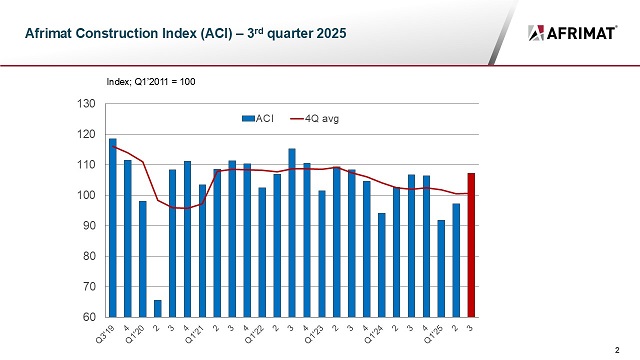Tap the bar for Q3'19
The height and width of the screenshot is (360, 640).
pyautogui.click(x=112, y=228)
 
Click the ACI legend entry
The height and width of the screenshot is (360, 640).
pyautogui.click(x=258, y=118)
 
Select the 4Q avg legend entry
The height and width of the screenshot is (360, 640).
pyautogui.click(x=312, y=118)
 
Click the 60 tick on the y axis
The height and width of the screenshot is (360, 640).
pyautogui.click(x=88, y=318)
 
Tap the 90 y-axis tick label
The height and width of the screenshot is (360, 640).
pyautogui.click(x=88, y=226)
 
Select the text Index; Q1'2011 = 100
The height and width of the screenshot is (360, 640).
pyautogui.click(x=150, y=80)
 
